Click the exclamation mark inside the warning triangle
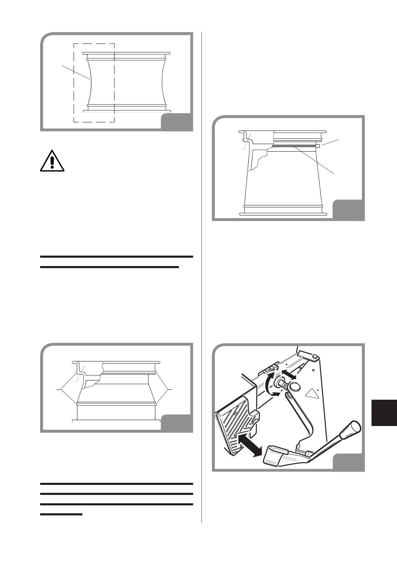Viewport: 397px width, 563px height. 52,160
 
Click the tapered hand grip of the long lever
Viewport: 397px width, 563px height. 350,430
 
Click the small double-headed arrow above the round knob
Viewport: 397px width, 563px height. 289,374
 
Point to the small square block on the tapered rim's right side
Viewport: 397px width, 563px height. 317,146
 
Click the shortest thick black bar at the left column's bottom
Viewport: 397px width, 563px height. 61,514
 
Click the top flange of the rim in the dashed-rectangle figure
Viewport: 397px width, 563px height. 126,53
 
